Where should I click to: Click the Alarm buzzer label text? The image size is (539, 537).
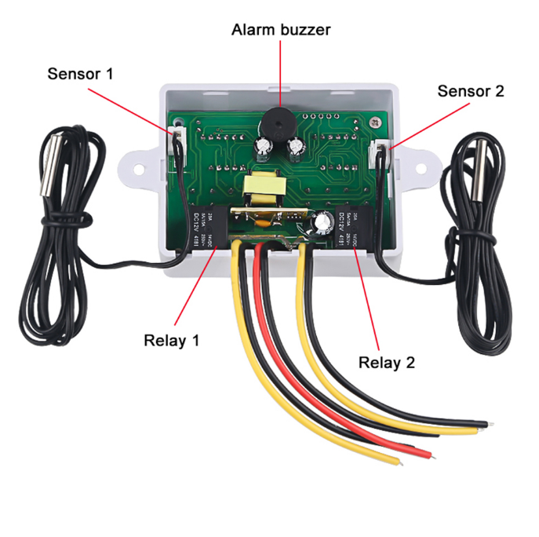280,30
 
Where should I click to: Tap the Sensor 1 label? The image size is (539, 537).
80,74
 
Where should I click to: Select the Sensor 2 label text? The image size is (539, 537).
470,91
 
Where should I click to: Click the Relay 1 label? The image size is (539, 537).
171,341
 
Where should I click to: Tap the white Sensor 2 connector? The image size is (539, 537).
382,151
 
